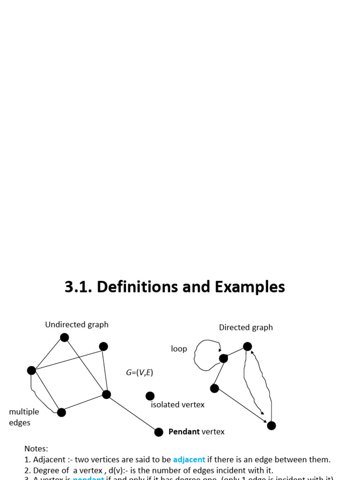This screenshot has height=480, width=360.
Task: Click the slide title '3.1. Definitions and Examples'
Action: tap(174, 287)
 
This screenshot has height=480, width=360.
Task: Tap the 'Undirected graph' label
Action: tap(76, 324)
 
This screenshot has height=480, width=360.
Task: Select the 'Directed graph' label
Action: tap(246, 327)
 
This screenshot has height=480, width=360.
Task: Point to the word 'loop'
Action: tap(179, 349)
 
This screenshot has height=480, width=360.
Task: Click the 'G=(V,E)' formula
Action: tap(139, 373)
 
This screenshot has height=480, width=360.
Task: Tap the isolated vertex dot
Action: tap(150, 396)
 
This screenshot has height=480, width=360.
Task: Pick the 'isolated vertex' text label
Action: tap(178, 405)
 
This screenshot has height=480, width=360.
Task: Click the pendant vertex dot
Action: tap(159, 432)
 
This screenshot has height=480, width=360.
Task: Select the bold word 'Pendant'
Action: tap(184, 432)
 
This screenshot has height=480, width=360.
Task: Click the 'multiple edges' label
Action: tap(23, 417)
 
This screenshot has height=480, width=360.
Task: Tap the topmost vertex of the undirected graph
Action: tap(65, 337)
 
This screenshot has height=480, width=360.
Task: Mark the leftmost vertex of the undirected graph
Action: tap(31, 370)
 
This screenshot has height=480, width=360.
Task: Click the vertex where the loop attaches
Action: tap(224, 359)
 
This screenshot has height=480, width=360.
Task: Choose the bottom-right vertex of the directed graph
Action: tap(271, 426)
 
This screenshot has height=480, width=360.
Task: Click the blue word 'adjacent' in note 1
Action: tap(189, 459)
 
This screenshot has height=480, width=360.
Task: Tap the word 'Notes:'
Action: tap(36, 449)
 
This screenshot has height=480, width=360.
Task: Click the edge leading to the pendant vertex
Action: tap(133, 413)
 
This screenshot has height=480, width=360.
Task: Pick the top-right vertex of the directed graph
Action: tap(247, 346)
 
